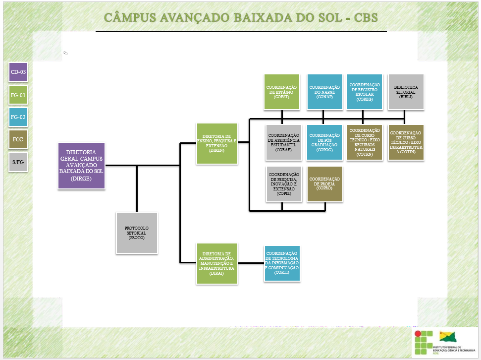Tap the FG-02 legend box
(18, 118)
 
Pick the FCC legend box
(18, 139)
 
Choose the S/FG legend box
(18, 162)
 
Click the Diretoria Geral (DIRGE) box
(81, 166)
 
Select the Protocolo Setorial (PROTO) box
(136, 233)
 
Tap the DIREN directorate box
(216, 143)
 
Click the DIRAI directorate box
(216, 264)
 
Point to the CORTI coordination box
(282, 263)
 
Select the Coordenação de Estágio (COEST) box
(282, 91)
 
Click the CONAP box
(323, 91)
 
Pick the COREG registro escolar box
(365, 91)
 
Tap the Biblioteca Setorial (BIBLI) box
(406, 91)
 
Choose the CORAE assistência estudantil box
(284, 143)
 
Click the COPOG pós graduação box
(323, 143)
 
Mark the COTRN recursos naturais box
(365, 143)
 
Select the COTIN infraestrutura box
(406, 143)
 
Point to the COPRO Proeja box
(324, 184)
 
